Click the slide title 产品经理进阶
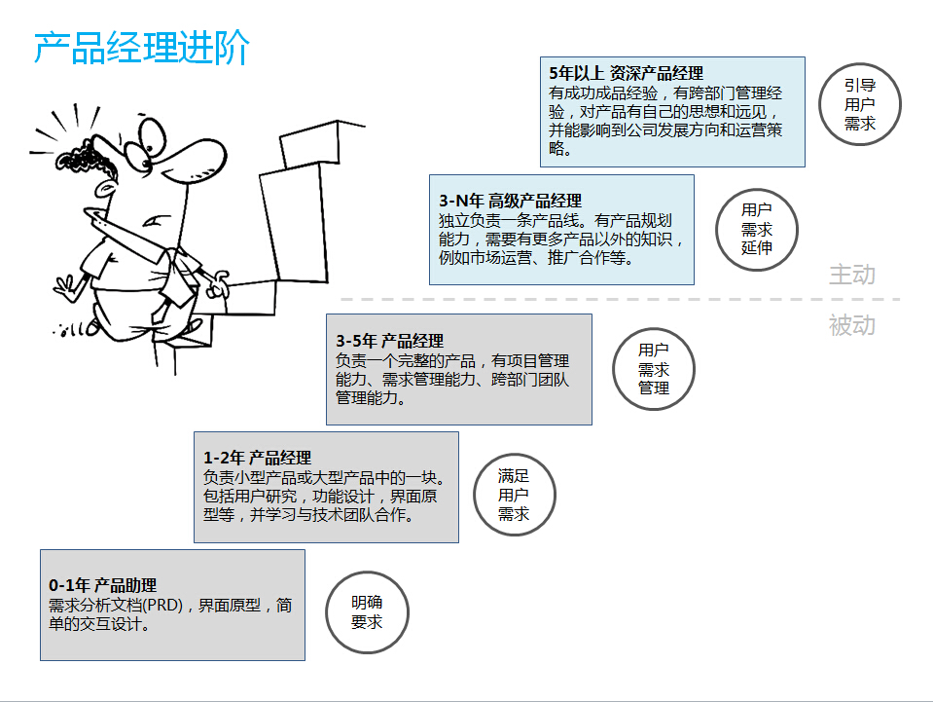142,48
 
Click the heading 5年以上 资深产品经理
626,73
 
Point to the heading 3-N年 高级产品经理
511,201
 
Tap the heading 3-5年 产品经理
390,341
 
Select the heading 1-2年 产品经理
257,458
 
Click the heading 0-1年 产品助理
103,585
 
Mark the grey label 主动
852,275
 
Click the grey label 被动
852,325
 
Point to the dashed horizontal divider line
620,299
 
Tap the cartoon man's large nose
193,156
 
